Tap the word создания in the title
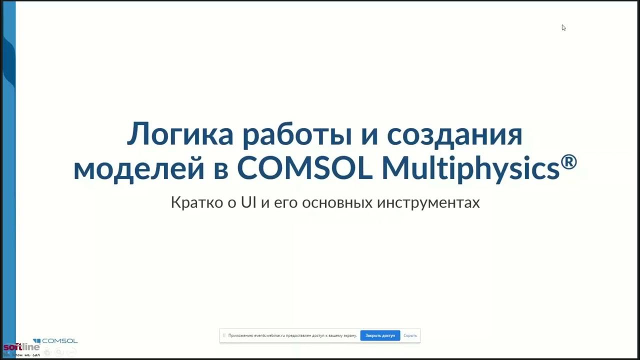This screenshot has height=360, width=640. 454,135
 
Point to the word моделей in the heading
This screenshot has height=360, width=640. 139,168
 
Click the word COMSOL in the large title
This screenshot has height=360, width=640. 304,168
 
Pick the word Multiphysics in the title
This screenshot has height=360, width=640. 470,168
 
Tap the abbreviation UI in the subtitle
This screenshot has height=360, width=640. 248,202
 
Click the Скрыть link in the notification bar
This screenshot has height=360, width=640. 410,335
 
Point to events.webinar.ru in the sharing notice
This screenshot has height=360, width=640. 269,335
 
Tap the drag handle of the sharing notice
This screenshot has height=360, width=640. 224,335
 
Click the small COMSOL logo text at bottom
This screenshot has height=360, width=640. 59,341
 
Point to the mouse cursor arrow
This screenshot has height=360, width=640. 563,27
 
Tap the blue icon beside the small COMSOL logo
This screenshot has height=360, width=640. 36,341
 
